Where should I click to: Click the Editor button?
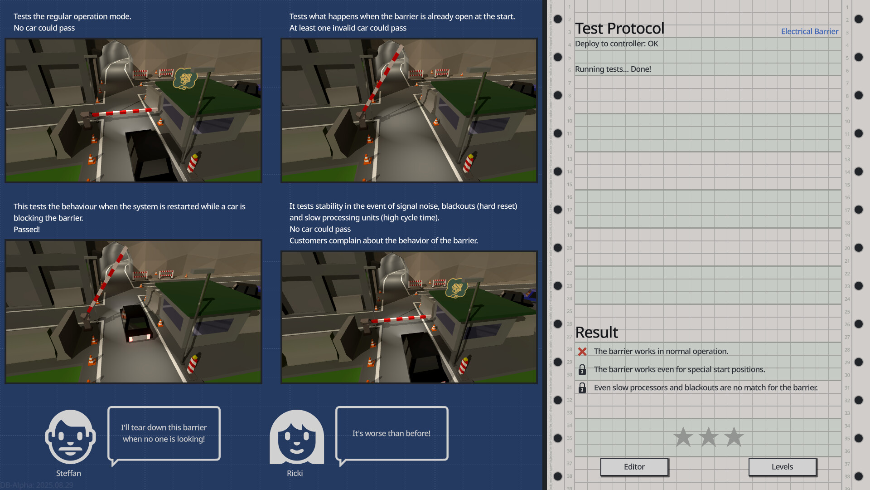(x=634, y=466)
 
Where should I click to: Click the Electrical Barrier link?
(x=809, y=31)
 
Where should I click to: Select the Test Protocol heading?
(x=619, y=29)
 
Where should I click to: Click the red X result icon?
(x=582, y=352)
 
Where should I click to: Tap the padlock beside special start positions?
(x=582, y=370)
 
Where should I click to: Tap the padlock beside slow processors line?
(x=582, y=388)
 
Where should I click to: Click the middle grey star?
(x=708, y=437)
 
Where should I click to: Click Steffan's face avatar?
(x=70, y=437)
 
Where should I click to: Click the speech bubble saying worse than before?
(x=391, y=433)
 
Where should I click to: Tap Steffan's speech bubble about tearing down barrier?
(x=164, y=433)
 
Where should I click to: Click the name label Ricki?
(x=295, y=473)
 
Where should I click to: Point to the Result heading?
(x=596, y=333)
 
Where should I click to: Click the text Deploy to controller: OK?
(x=616, y=44)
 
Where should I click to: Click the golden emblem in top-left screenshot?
(x=185, y=79)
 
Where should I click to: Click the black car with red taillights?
(x=136, y=323)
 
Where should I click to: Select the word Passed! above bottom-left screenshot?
(x=27, y=230)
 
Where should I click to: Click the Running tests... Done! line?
(x=613, y=69)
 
